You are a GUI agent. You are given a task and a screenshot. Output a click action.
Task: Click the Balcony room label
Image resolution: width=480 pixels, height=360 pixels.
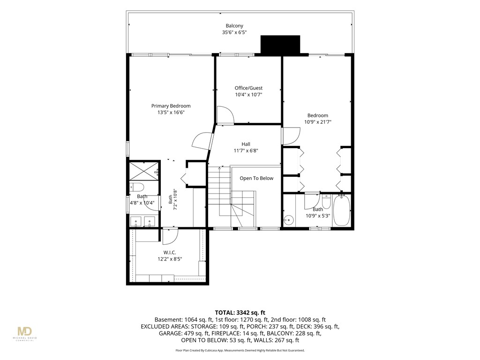pos(234,26)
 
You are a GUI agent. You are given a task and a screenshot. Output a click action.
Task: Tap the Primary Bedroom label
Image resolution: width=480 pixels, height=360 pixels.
pos(171,106)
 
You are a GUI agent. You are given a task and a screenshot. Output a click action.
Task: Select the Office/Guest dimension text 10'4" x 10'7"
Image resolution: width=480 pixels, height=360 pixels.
pos(248,95)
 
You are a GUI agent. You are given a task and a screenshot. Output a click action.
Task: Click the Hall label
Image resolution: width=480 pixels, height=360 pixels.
pos(246,144)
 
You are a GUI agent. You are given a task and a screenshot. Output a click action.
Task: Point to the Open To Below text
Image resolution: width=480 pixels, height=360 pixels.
pos(256,178)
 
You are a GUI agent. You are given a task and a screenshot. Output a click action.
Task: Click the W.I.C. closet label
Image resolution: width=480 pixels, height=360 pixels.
pos(170,253)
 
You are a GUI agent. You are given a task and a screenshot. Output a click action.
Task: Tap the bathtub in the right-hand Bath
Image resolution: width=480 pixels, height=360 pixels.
pos(341,210)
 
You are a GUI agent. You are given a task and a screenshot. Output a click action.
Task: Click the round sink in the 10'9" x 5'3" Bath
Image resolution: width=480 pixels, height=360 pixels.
pos(288,219)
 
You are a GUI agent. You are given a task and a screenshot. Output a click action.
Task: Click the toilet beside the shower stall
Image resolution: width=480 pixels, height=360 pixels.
pos(136,187)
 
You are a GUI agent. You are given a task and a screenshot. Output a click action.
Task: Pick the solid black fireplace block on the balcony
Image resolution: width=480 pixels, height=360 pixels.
pos(280,45)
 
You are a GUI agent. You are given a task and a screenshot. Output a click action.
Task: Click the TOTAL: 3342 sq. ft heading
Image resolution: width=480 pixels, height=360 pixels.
pos(240,313)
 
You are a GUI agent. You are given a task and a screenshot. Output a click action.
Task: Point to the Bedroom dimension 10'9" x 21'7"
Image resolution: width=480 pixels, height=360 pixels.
pos(318,122)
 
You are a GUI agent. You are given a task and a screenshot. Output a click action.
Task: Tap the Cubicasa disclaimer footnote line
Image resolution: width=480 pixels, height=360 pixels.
pos(240,350)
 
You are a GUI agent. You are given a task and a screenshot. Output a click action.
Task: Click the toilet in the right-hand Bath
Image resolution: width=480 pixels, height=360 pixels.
pos(326,202)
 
